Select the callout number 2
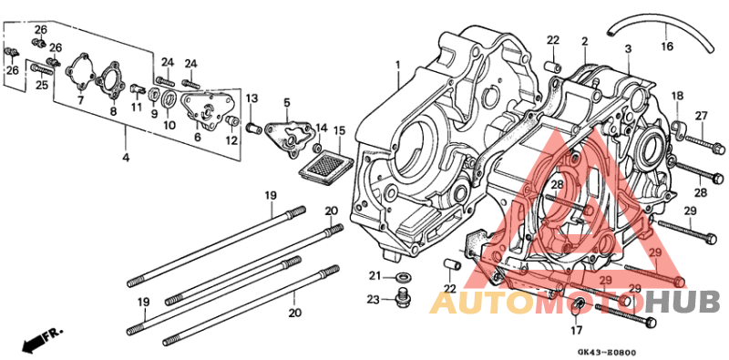pos(584,41)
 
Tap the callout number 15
pos(340,131)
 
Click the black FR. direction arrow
pos(35,342)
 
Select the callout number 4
pos(124,158)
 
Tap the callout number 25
pos(41,85)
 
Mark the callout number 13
pos(252,98)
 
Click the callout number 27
pos(701,115)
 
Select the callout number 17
pos(576,330)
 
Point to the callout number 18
pos(677,96)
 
